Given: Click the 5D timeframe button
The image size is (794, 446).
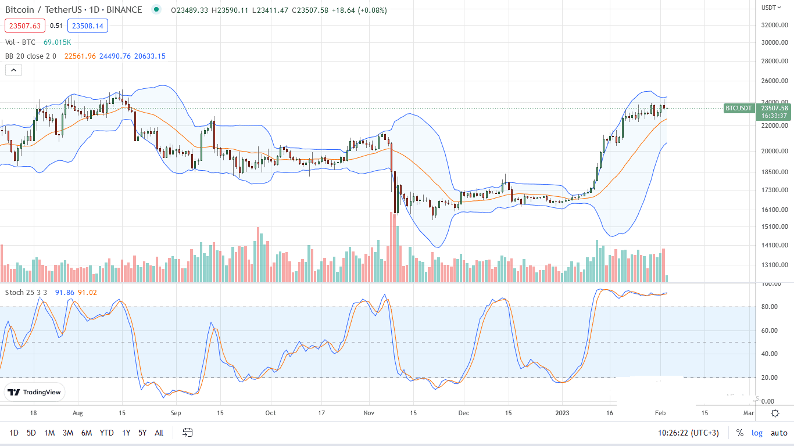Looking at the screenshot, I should pyautogui.click(x=31, y=433).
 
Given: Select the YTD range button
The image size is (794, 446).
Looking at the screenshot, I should pyautogui.click(x=106, y=433).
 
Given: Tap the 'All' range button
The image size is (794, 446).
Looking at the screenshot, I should pyautogui.click(x=159, y=433).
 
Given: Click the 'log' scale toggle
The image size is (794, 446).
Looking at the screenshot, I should pyautogui.click(x=757, y=433).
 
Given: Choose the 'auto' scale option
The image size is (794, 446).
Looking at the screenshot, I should pyautogui.click(x=779, y=433).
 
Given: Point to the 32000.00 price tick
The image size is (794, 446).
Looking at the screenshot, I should pyautogui.click(x=775, y=25).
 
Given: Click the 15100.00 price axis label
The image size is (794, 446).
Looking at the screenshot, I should pyautogui.click(x=775, y=226).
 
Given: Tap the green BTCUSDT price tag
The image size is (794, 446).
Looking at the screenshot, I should pyautogui.click(x=739, y=108).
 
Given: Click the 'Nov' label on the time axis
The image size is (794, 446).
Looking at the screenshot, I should pyautogui.click(x=369, y=413).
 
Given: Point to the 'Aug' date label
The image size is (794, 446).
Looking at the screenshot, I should pyautogui.click(x=77, y=413).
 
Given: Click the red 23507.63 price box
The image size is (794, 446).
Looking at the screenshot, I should pyautogui.click(x=23, y=26).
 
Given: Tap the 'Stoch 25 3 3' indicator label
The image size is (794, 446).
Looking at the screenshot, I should pyautogui.click(x=28, y=292).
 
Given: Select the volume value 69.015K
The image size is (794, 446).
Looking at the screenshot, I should pyautogui.click(x=57, y=42).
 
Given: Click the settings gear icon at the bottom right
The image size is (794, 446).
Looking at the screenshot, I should pyautogui.click(x=775, y=413).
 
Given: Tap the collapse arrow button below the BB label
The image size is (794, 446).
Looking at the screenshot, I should pyautogui.click(x=13, y=70).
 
